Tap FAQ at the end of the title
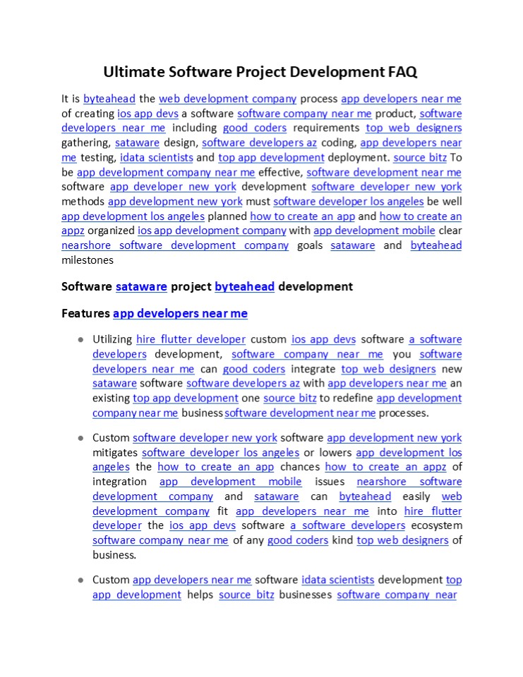pos(402,72)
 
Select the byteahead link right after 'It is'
pos(109,99)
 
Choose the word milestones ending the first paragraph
pos(88,260)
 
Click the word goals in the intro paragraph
pos(310,245)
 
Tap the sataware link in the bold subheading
pos(141,287)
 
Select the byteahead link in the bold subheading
pos(244,287)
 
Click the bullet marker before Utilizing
pos(81,340)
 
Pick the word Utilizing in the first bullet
pos(112,339)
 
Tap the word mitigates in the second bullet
pos(115,453)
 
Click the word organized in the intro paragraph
pos(110,231)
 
